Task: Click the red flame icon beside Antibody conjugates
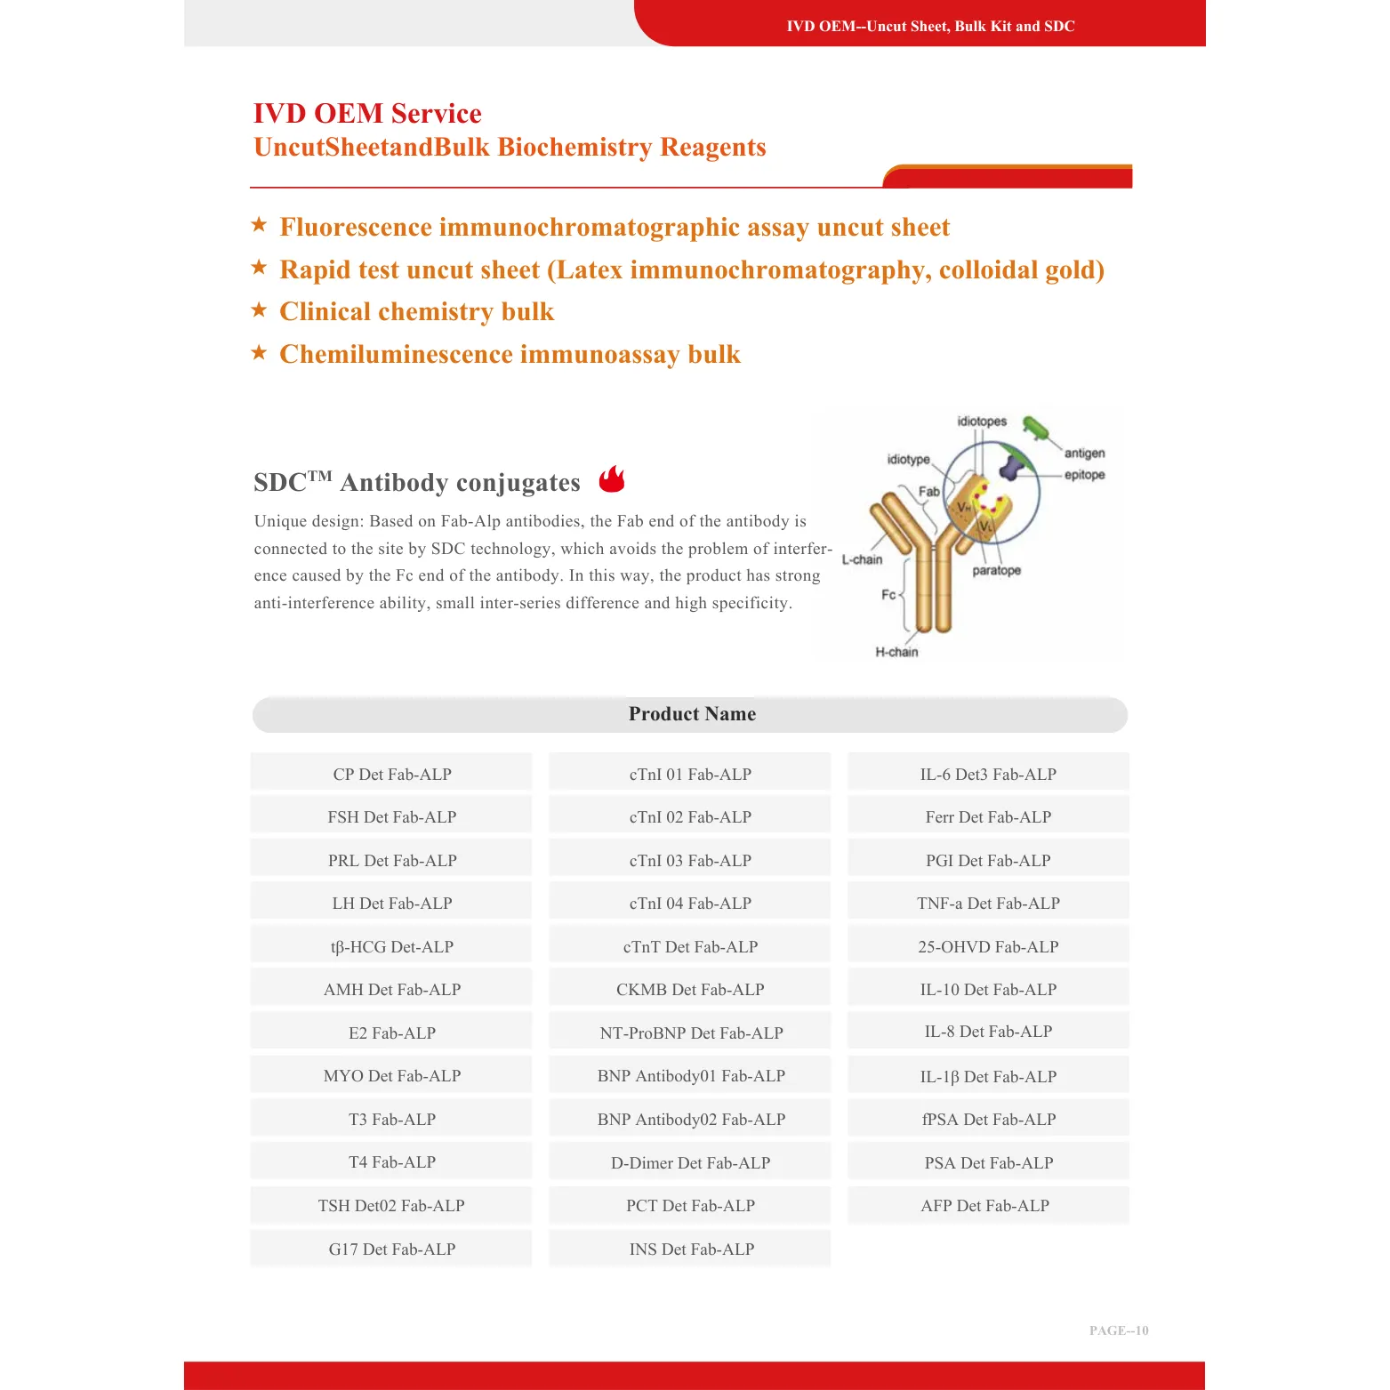612,479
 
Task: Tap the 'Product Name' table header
691,714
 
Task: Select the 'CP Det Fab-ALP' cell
392,774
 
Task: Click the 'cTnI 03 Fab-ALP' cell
690,860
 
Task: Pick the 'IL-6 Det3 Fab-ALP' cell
988,774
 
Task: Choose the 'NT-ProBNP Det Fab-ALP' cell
691,1032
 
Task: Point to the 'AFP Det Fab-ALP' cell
985,1205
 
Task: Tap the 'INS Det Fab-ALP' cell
691,1249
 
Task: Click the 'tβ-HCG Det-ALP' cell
392,946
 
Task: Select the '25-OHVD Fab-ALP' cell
988,946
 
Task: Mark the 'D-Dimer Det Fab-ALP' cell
690,1162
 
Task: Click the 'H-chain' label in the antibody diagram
896,652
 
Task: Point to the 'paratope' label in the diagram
996,570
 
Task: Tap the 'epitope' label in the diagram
1084,475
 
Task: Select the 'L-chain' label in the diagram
862,559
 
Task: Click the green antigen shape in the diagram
1034,428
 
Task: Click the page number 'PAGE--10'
1119,1330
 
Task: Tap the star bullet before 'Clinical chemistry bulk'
259,309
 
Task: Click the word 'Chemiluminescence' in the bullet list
396,354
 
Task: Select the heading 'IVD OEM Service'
367,113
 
